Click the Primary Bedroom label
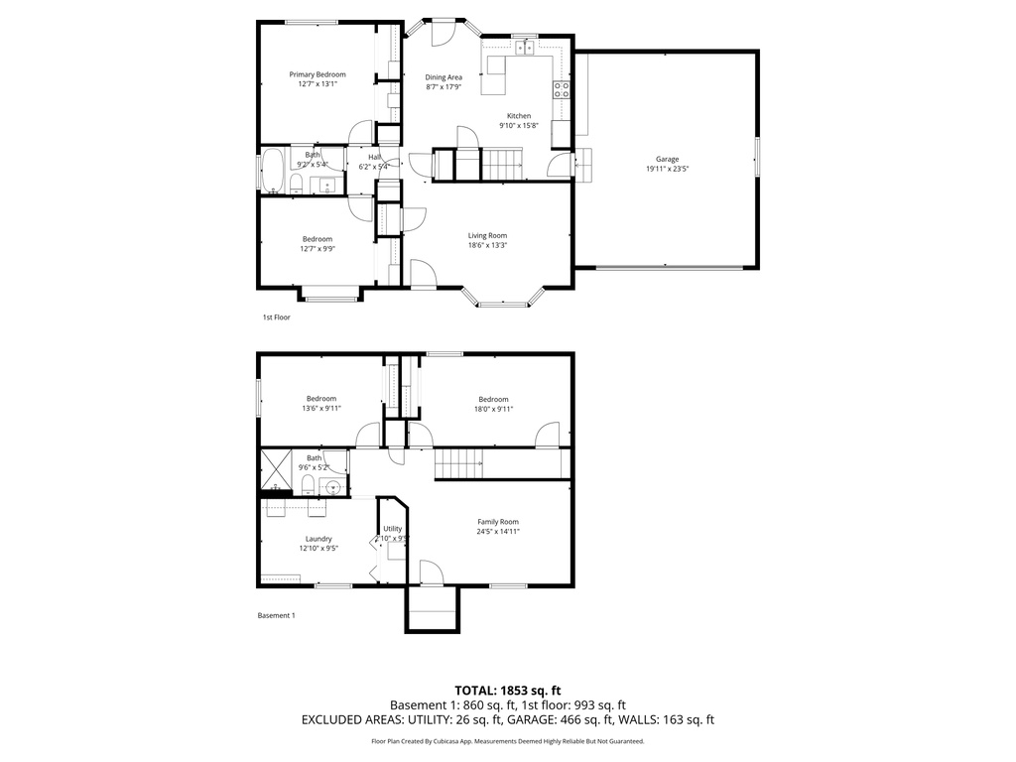[317, 74]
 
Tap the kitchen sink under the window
[524, 47]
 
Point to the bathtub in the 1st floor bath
[271, 171]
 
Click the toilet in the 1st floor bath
[295, 182]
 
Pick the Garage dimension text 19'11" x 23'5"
[667, 169]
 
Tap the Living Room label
[488, 235]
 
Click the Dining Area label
[444, 76]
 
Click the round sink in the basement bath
[332, 486]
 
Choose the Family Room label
[498, 521]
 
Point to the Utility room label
[393, 528]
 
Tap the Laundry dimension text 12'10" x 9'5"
[318, 548]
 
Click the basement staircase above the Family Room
[458, 462]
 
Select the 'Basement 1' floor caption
[277, 615]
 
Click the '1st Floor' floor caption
[276, 317]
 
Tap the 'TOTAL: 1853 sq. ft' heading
[508, 690]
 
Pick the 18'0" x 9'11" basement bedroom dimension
[493, 408]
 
